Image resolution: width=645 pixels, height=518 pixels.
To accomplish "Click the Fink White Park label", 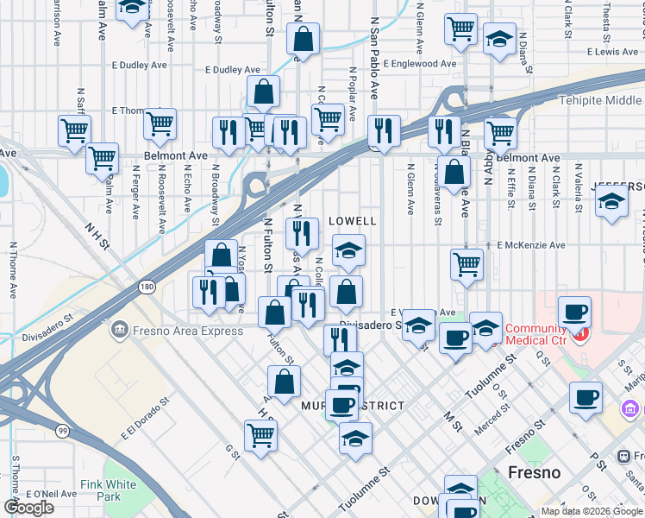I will point(108,490).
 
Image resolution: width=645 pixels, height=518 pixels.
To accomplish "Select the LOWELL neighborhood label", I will point(353,221).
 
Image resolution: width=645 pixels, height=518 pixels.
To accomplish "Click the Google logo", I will point(28,508).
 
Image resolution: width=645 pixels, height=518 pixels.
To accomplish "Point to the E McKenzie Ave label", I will point(530,245).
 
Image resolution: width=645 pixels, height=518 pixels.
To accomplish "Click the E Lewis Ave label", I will point(616,52).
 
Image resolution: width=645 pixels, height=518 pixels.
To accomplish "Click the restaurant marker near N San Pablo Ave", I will point(384,130).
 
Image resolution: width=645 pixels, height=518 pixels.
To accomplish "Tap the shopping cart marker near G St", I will point(260,435).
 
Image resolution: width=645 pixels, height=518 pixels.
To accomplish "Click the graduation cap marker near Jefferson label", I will point(611,202).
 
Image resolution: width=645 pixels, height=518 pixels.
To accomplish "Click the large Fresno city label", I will point(534,472).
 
